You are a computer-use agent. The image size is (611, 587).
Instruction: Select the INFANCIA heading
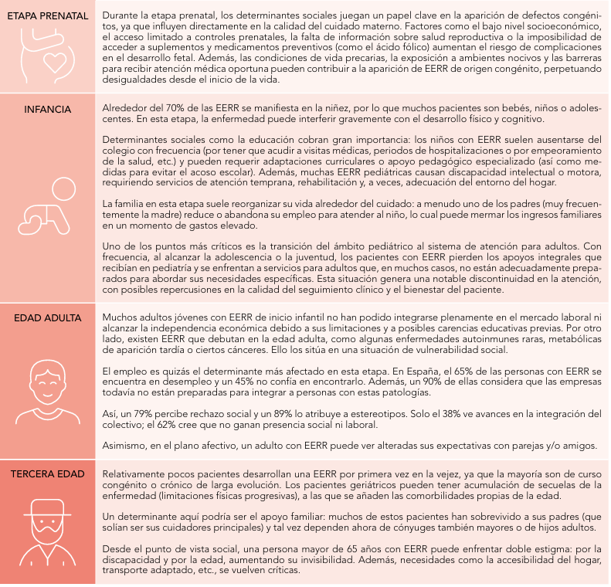(48, 109)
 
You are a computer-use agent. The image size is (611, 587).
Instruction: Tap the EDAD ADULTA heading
(48, 317)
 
